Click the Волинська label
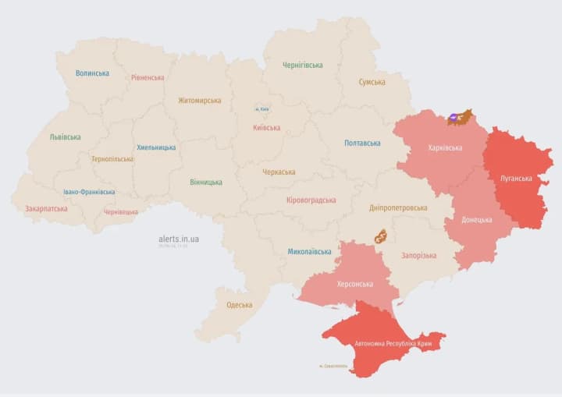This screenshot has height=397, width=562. coord(92,73)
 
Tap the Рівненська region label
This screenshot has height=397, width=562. coord(148,78)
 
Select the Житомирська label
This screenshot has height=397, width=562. coord(199,101)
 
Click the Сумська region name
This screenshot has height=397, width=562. coord(372,82)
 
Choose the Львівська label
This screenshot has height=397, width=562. coord(65,137)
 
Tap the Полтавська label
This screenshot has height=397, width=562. coord(362,144)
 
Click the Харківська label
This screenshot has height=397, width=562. coord(445,148)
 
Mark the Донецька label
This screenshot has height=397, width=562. coord(476,220)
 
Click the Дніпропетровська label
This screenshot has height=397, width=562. coord(398,208)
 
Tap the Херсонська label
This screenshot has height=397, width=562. coord(354,285)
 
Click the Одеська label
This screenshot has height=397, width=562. coord(239,305)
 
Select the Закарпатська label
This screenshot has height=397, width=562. coord(46,209)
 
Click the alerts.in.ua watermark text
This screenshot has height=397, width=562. coord(179,239)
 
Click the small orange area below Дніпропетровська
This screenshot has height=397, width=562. coord(381,237)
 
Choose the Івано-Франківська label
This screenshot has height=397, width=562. coord(89,192)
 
